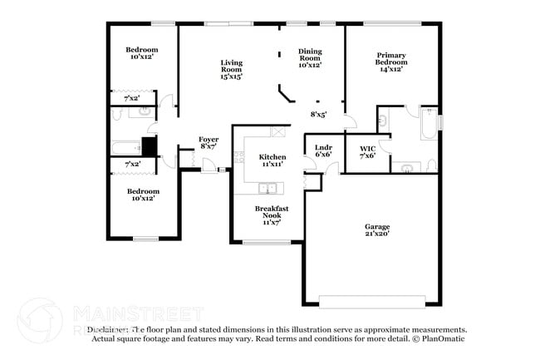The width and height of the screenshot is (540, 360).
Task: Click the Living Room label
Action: pyautogui.click(x=231, y=70)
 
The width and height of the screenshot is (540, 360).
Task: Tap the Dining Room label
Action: pyautogui.click(x=310, y=58)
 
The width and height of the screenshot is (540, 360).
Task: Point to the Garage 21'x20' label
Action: pyautogui.click(x=376, y=229)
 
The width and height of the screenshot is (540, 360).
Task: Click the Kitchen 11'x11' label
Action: pyautogui.click(x=272, y=160)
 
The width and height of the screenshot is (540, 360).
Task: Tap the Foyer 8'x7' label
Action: pyautogui.click(x=209, y=143)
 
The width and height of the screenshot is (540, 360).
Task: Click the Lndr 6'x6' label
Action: pyautogui.click(x=323, y=150)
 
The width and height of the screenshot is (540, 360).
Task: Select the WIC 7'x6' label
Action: pyautogui.click(x=367, y=151)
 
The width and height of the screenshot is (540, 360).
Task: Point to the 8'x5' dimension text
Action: pyautogui.click(x=318, y=114)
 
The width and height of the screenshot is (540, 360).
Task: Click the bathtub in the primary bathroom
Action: pyautogui.click(x=429, y=125)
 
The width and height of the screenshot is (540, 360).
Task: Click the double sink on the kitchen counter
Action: pyautogui.click(x=272, y=186)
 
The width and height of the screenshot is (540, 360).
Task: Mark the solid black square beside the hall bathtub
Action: pyautogui.click(x=149, y=146)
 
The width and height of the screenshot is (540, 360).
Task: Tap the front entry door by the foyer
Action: pyautogui.click(x=213, y=170)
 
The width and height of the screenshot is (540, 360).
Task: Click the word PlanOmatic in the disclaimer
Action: pyautogui.click(x=443, y=338)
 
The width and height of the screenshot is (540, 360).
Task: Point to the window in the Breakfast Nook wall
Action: pyautogui.click(x=266, y=243)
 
